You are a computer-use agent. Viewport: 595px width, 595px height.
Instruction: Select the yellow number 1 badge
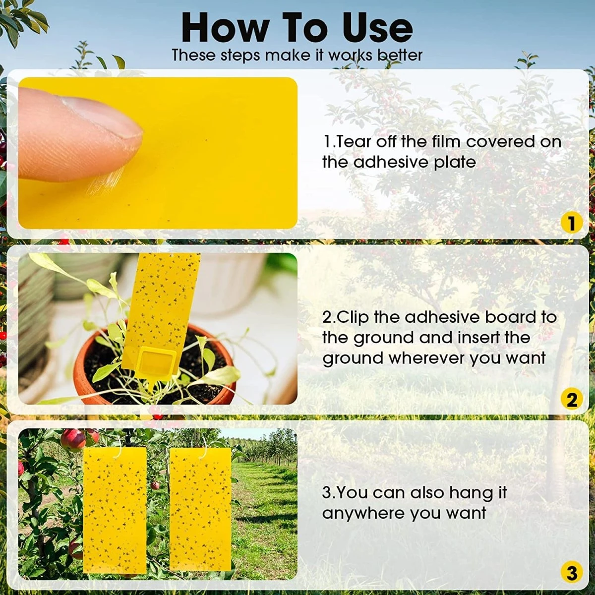571,223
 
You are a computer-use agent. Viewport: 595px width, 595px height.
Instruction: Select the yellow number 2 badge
571,399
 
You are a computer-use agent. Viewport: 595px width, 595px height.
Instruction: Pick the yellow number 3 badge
571,574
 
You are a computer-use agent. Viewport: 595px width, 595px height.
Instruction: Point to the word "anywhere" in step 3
361,513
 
